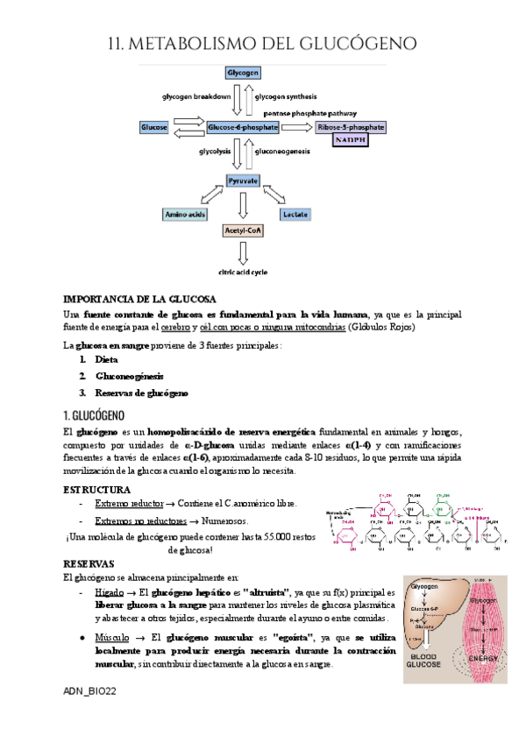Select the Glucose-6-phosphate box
pyautogui.click(x=243, y=128)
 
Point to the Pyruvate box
pyautogui.click(x=243, y=181)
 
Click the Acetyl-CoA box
pyautogui.click(x=243, y=230)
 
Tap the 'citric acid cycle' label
pyautogui.click(x=243, y=272)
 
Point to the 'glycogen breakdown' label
pyautogui.click(x=195, y=96)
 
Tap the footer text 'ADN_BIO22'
pyautogui.click(x=90, y=691)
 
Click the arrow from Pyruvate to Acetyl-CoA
pyautogui.click(x=243, y=206)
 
